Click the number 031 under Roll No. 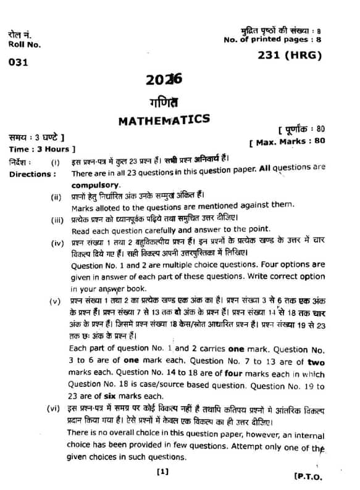click(x=18, y=62)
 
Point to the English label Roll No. click(x=25, y=44)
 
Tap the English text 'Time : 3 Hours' click(x=41, y=149)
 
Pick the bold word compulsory click(x=93, y=185)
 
